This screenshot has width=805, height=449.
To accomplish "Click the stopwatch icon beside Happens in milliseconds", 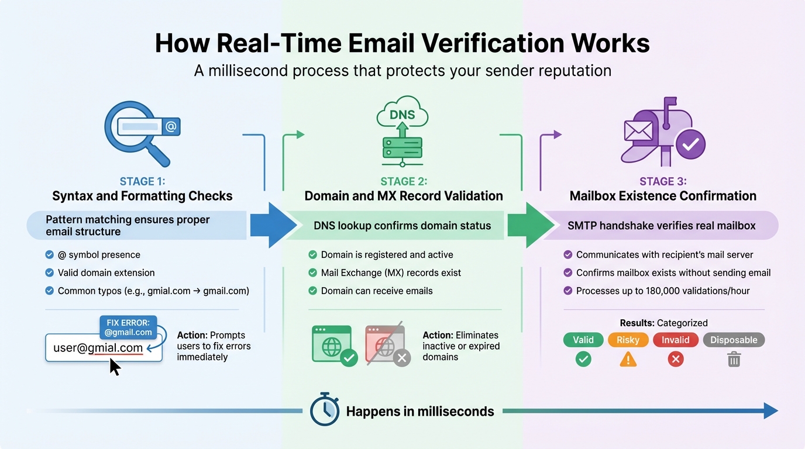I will tap(324, 410).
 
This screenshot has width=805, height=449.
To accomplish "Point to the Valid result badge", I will tap(583, 340).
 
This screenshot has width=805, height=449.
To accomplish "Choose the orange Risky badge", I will tap(628, 340).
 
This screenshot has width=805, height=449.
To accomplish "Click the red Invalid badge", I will tap(675, 340).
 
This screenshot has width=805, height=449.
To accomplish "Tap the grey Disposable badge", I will tap(734, 340).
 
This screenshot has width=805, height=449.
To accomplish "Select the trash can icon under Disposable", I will tap(734, 359).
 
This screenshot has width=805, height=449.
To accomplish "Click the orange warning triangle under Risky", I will tap(628, 359).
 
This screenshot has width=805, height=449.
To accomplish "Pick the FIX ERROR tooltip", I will tap(129, 327).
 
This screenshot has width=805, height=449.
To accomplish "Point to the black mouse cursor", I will tap(115, 367).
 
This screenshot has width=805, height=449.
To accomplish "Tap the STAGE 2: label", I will tap(403, 182).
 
